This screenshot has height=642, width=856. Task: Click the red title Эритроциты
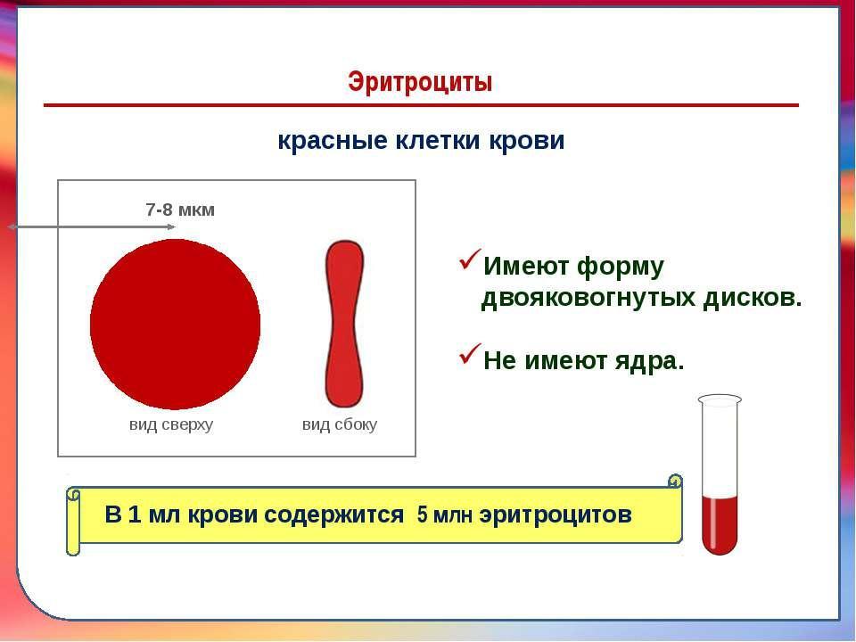click(x=420, y=82)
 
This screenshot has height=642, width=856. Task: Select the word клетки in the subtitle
click(x=437, y=140)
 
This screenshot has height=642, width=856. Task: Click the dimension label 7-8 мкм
click(x=180, y=210)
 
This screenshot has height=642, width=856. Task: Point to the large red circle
click(x=175, y=325)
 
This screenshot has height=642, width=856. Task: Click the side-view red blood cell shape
click(x=344, y=324)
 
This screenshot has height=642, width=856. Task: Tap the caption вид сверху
click(x=171, y=424)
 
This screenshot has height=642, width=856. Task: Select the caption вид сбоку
click(x=340, y=424)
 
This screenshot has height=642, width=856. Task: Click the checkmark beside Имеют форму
click(x=470, y=259)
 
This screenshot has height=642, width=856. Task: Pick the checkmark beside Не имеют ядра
click(x=470, y=354)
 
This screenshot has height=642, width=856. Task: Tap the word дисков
click(x=753, y=298)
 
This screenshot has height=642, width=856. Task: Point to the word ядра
click(x=650, y=361)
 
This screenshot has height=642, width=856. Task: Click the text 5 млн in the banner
click(x=444, y=514)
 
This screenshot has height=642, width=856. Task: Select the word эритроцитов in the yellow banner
click(x=556, y=514)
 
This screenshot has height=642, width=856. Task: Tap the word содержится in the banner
click(x=333, y=514)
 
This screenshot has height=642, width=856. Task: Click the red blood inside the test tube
click(x=720, y=524)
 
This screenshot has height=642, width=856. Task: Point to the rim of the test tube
click(x=720, y=399)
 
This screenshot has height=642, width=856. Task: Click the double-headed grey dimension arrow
click(x=91, y=226)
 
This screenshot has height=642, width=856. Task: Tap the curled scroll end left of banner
click(x=73, y=522)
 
